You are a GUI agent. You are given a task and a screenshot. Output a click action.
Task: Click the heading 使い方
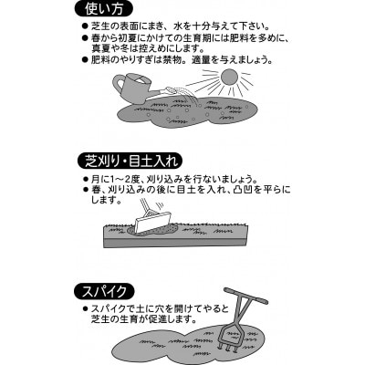(104, 9)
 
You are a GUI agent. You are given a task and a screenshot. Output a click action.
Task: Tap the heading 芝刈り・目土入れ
(130, 162)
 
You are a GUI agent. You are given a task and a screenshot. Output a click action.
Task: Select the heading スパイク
(104, 291)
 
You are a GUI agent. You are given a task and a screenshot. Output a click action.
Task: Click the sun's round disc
(230, 78)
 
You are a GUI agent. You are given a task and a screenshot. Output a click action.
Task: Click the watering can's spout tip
(171, 89)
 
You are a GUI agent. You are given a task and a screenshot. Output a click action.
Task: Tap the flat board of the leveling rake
(153, 223)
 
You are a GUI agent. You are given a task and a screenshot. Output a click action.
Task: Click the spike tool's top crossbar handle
(246, 295)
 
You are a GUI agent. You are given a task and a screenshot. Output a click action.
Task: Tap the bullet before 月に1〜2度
(86, 179)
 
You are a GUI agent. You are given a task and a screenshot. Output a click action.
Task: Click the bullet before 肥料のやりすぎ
(86, 60)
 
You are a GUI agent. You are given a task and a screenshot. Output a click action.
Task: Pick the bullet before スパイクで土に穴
(86, 309)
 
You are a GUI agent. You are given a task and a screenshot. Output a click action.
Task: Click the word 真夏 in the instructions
(101, 48)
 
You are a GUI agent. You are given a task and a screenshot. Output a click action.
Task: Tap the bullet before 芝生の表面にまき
(86, 26)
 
